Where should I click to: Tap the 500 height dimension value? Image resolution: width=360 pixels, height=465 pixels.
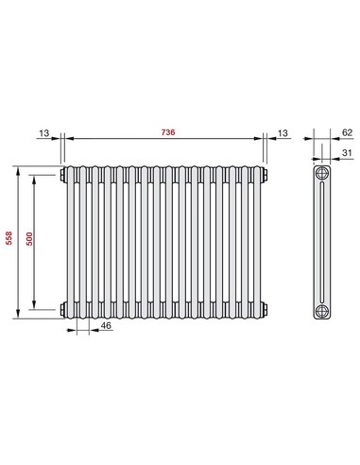29,241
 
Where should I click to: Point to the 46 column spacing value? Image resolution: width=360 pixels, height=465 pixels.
106,326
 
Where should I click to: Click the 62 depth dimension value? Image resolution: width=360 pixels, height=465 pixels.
347,133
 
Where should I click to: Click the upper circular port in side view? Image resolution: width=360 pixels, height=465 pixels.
321,175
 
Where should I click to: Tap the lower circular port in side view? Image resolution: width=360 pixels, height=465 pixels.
321,308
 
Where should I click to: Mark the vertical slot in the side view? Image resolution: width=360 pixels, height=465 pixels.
321,241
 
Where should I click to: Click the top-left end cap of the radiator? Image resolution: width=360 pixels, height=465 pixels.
63,175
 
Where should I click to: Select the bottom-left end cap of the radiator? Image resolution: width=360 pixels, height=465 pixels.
63,308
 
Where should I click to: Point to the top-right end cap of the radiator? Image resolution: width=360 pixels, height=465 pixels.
266,175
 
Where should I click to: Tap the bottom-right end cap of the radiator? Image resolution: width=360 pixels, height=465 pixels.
266,308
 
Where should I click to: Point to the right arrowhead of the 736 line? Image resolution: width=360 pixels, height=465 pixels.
263,141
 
